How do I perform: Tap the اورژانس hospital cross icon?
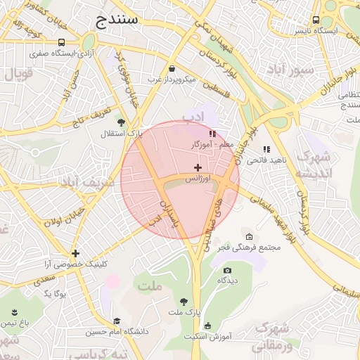(198, 167)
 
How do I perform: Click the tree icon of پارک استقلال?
(120, 122)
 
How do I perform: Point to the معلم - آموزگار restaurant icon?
(212, 133)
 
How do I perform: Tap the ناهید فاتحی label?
(266, 160)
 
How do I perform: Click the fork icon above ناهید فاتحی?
(266, 149)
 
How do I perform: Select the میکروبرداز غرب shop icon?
(172, 68)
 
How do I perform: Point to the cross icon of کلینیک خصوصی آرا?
(75, 253)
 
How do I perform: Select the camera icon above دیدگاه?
(226, 270)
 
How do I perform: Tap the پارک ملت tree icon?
(184, 300)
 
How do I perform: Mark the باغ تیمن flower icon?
(15, 311)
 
